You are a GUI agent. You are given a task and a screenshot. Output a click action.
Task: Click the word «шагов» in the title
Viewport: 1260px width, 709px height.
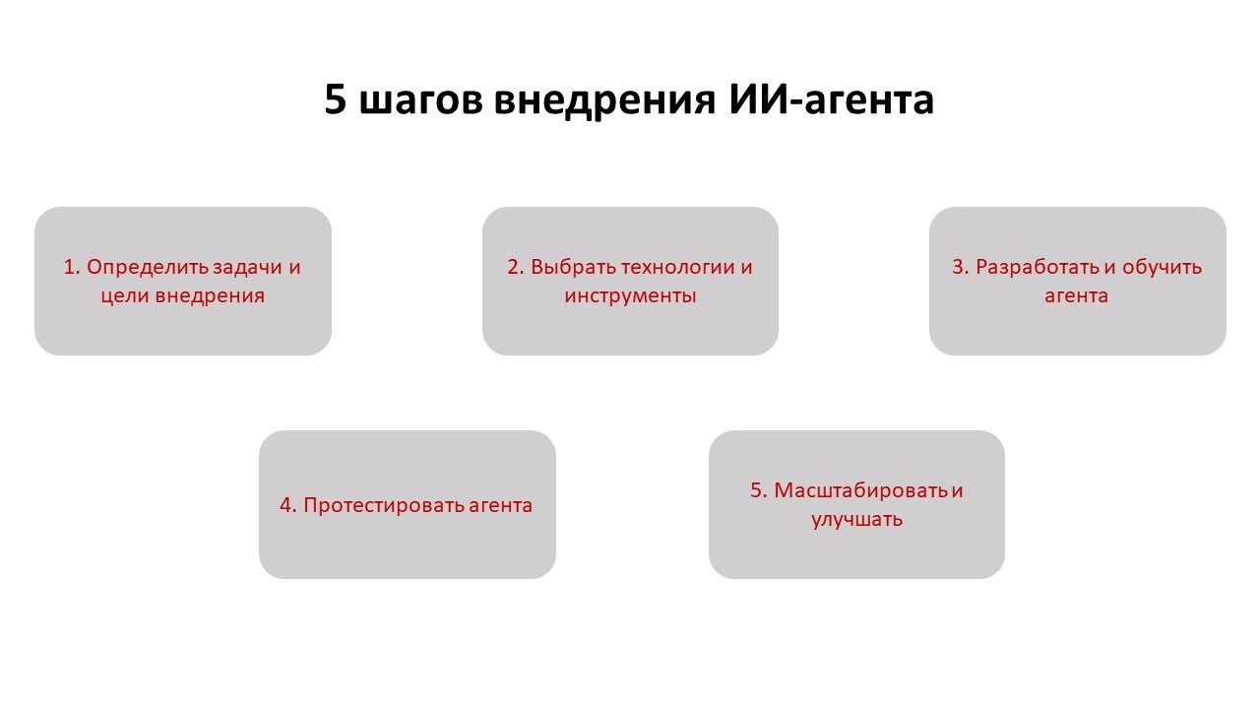(420, 100)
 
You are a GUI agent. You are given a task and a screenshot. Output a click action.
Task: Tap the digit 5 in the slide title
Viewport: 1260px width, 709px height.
(335, 99)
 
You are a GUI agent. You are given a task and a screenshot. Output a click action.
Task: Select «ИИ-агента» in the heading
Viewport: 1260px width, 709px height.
(831, 100)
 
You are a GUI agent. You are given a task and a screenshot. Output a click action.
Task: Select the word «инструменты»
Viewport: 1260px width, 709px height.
(631, 296)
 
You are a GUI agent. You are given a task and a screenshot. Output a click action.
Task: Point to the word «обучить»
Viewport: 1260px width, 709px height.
(1162, 268)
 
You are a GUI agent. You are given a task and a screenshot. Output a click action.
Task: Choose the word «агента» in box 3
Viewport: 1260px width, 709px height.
(1077, 296)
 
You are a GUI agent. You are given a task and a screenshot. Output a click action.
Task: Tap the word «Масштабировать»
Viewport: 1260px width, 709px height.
(860, 491)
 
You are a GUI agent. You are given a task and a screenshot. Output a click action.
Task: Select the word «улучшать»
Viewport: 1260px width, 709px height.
(856, 520)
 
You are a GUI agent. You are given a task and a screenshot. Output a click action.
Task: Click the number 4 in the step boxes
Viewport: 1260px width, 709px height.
(286, 506)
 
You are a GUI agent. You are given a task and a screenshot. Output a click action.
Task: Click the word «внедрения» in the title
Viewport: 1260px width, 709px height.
(605, 101)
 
